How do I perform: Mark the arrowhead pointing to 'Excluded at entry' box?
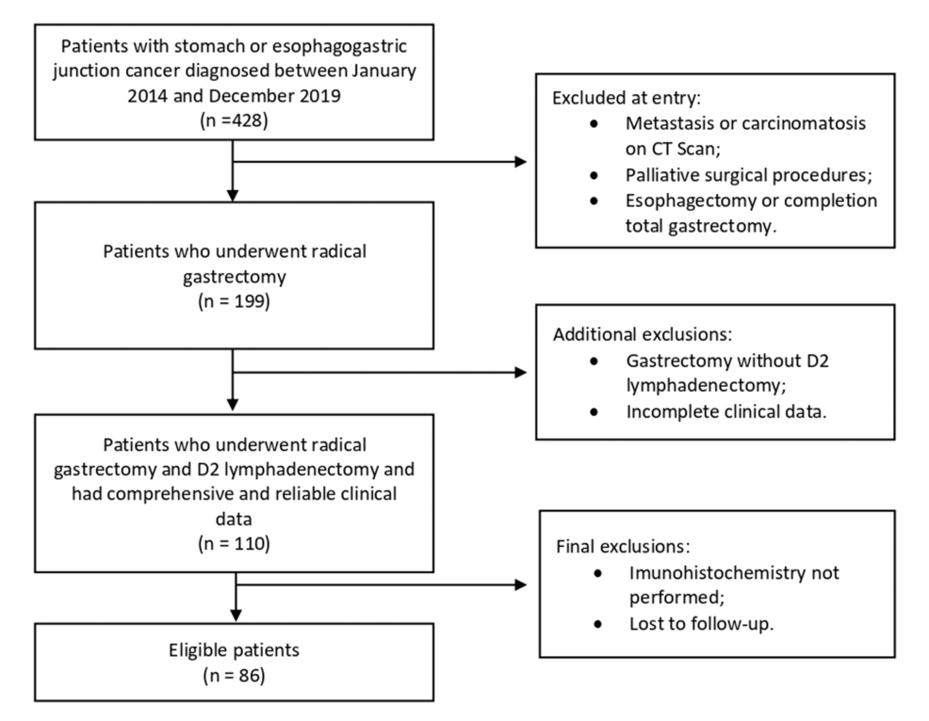tap(521, 162)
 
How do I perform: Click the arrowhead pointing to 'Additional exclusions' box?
tap(521, 373)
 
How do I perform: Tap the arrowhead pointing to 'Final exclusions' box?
tap(521, 585)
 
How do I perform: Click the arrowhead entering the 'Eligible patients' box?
tap(232, 618)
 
